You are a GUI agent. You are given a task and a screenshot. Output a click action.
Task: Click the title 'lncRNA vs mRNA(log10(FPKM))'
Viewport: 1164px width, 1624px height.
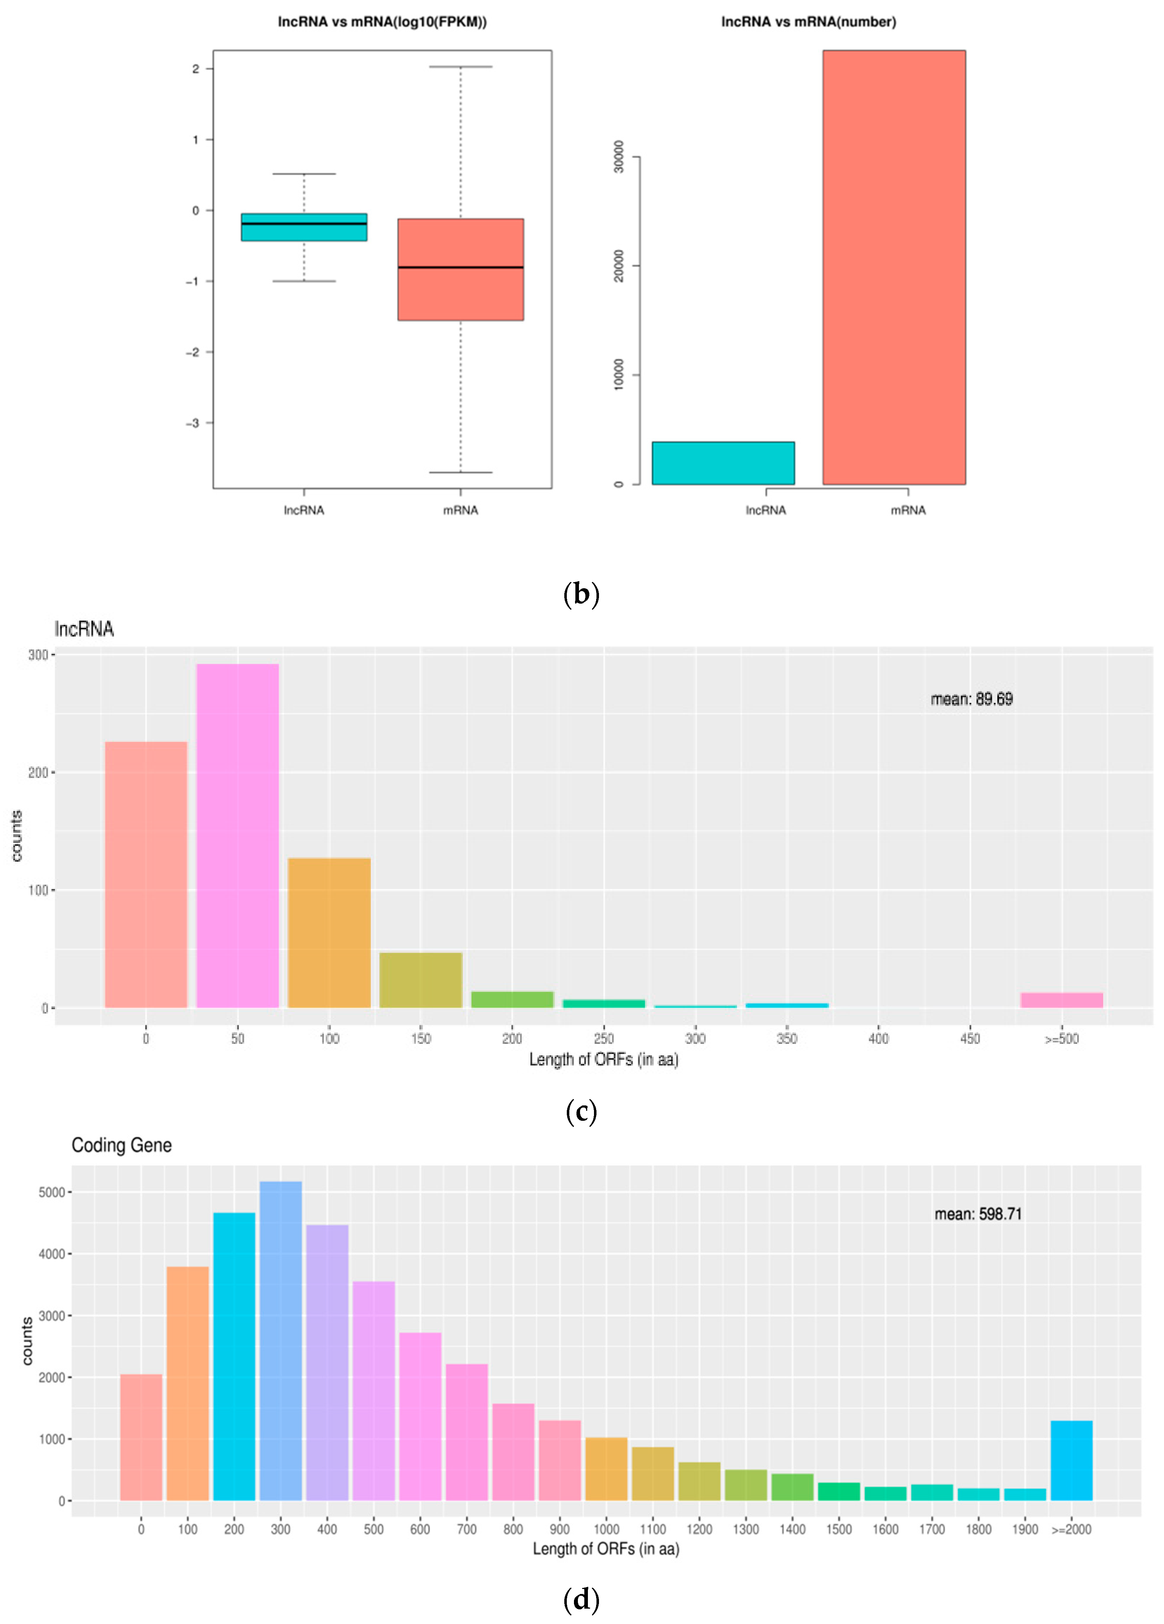(x=382, y=22)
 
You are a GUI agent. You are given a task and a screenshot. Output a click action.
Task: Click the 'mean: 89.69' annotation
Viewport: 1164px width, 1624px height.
(x=971, y=699)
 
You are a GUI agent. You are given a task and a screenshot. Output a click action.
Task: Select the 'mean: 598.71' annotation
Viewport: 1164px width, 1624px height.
(x=978, y=1214)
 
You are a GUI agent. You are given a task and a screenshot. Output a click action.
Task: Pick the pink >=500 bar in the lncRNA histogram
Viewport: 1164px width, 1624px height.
(x=1061, y=1000)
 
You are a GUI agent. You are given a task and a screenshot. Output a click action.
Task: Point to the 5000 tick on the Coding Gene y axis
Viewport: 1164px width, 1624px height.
(x=51, y=1192)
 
